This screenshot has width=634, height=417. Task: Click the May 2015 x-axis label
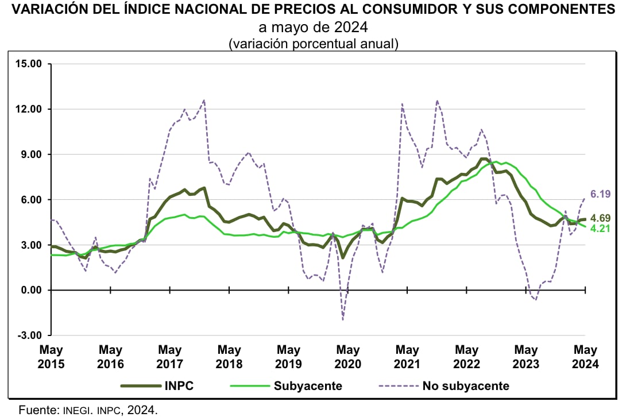pyautogui.click(x=51, y=357)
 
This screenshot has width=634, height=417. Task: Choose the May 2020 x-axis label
pyautogui.click(x=348, y=357)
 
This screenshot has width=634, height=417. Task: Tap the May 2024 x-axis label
pyautogui.click(x=585, y=357)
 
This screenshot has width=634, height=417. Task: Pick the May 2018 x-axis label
pyautogui.click(x=229, y=357)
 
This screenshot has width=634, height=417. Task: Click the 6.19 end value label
pyautogui.click(x=600, y=195)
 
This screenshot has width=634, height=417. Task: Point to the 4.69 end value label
pyautogui.click(x=600, y=218)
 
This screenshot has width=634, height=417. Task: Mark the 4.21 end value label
pyautogui.click(x=600, y=228)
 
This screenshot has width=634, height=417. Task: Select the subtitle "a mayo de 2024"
pyautogui.click(x=313, y=27)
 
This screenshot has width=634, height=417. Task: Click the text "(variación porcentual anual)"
pyautogui.click(x=313, y=43)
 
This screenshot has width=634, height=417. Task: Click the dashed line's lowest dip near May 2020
pyautogui.click(x=343, y=319)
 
